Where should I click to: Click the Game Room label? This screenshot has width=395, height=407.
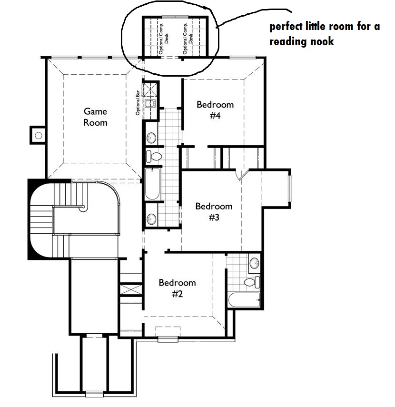[95, 117]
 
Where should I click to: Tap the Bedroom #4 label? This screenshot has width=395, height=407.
[215, 110]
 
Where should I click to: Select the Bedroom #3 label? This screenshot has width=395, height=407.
[214, 211]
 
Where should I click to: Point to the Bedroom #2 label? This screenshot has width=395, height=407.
[177, 288]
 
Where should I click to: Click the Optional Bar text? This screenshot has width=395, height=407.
[138, 103]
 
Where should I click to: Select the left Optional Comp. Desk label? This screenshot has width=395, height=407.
[164, 39]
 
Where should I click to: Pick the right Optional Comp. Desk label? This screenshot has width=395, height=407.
[188, 39]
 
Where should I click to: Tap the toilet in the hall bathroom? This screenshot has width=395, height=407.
[154, 156]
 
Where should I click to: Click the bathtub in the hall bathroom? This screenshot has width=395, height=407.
[152, 184]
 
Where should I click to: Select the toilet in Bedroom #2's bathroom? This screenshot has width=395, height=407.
[252, 282]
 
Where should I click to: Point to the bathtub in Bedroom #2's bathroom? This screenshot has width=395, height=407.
[244, 300]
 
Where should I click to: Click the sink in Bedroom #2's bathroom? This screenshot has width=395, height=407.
[254, 263]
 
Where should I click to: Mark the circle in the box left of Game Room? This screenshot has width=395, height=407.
[39, 135]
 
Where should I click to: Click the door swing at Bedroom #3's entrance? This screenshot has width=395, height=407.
[242, 174]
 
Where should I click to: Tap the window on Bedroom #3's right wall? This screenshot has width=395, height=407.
[289, 189]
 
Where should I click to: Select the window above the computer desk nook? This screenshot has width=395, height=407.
[175, 17]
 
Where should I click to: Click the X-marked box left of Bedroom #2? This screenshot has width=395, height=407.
[131, 289]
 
